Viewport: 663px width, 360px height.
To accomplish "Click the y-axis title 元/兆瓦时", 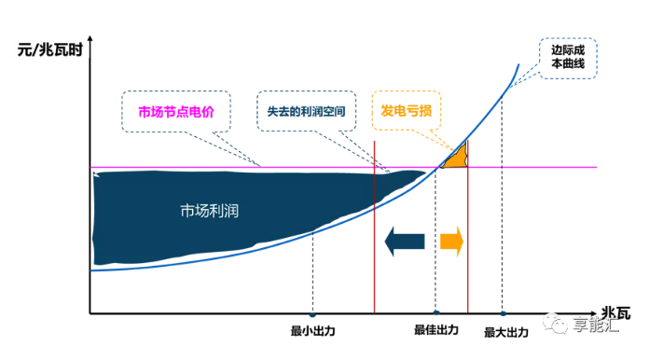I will coord(50,48).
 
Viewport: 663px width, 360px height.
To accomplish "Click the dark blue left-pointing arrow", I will coord(405,242).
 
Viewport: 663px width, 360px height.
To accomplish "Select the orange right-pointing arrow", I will coord(451,242).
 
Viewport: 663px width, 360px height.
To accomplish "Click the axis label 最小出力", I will coord(312,330).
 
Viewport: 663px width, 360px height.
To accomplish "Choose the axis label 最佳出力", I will coord(436,330).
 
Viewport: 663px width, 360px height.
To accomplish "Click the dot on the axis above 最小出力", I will coord(312,313).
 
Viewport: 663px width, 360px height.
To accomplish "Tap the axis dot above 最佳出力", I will coord(435,313).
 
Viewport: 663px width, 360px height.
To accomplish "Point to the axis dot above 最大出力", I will coord(503,313).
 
